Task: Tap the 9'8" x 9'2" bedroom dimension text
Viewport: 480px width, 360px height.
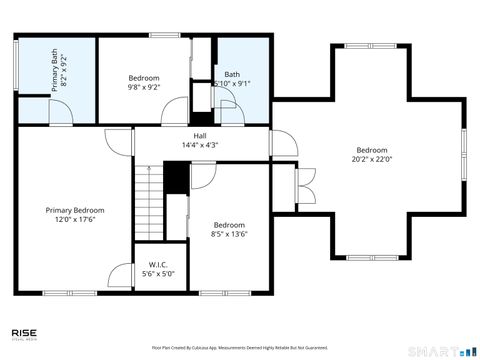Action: pos(143,87)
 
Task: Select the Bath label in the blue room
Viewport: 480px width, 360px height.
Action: pos(232,74)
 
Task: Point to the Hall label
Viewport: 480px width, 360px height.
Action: pos(200,135)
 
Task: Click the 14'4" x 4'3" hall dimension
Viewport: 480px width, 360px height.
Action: pos(200,145)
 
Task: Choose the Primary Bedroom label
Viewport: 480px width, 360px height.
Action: pos(74,210)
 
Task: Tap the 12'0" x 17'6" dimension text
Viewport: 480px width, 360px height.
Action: pos(74,220)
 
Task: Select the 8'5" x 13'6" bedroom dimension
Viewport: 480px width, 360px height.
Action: pos(228,235)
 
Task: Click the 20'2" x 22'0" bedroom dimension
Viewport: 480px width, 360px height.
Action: pos(371,158)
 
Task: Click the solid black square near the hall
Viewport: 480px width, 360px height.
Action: pos(176,177)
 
